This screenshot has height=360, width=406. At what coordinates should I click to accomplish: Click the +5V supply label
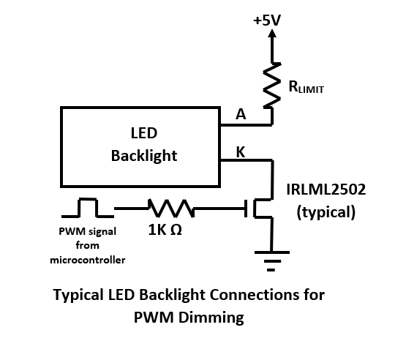tap(267, 20)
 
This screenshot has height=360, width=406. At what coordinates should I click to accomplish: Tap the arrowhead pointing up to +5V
tap(272, 34)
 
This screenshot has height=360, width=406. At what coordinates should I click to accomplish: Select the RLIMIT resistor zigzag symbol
tap(272, 85)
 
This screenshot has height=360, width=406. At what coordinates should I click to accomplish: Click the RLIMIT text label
tap(306, 87)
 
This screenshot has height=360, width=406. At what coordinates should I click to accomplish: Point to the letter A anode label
tap(241, 114)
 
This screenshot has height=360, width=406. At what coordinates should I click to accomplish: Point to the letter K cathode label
tap(241, 152)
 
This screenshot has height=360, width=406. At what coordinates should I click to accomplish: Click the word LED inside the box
tap(144, 133)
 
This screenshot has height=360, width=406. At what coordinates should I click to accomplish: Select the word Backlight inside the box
tap(144, 156)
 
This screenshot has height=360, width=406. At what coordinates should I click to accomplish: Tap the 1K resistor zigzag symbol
tap(171, 208)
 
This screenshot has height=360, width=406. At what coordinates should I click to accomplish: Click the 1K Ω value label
tap(165, 230)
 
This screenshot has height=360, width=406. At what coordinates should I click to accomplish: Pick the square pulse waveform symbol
tap(88, 208)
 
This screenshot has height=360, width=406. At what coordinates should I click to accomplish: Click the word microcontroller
tap(88, 260)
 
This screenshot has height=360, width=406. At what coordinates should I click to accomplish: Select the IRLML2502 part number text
tap(326, 190)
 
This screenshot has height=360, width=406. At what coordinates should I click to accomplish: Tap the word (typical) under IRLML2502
tap(326, 212)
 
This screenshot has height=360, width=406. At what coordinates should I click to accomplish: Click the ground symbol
tap(272, 260)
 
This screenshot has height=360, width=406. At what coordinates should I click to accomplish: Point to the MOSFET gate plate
tap(246, 209)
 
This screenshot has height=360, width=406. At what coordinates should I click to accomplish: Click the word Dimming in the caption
tap(211, 318)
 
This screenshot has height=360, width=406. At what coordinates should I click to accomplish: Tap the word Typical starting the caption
tap(78, 296)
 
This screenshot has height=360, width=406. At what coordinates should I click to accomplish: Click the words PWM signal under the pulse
tap(88, 232)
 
